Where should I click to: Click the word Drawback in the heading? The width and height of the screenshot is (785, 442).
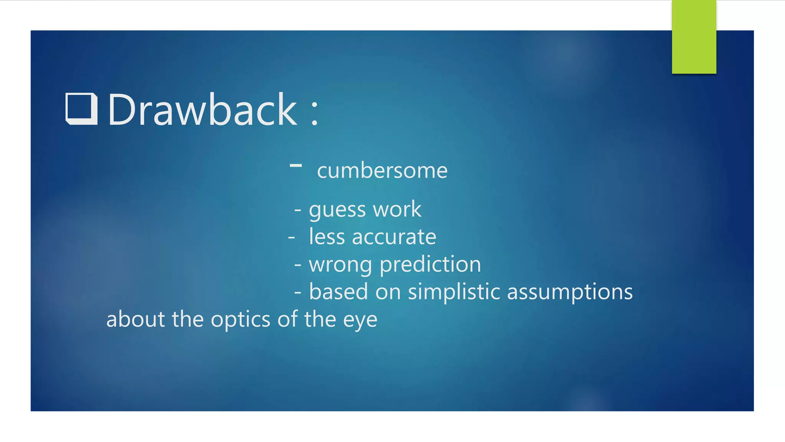[x=202, y=110]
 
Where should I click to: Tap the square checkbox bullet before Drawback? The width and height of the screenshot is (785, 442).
[x=81, y=109]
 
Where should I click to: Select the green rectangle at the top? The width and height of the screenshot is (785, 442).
[x=694, y=37]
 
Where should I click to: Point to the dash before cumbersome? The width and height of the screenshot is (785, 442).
[x=296, y=165]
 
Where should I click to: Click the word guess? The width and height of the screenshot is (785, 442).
[x=337, y=210]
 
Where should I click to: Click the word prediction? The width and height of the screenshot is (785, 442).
[x=430, y=265]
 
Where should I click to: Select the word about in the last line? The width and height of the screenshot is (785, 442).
[x=135, y=319]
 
